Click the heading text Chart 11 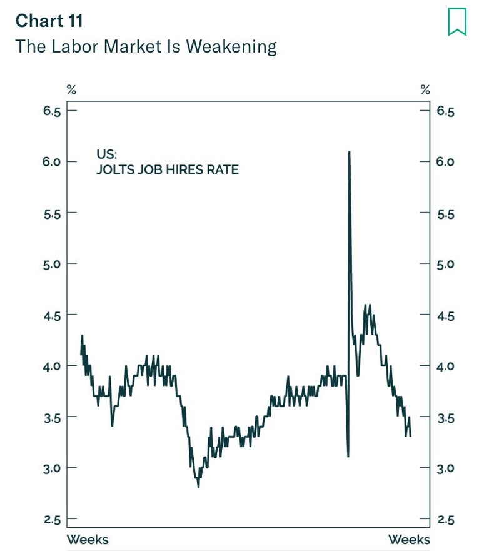coord(49,21)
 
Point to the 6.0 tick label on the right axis coord(445,162)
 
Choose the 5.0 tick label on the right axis coord(445,264)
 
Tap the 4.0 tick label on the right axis coord(445,366)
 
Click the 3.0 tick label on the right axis coord(445,468)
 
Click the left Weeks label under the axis coord(88,539)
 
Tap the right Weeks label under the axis coord(409,539)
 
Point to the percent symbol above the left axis coord(72,90)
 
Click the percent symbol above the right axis coord(425,90)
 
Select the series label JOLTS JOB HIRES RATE coord(167,169)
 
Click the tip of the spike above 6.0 coord(349,152)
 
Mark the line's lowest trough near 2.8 coord(198,487)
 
